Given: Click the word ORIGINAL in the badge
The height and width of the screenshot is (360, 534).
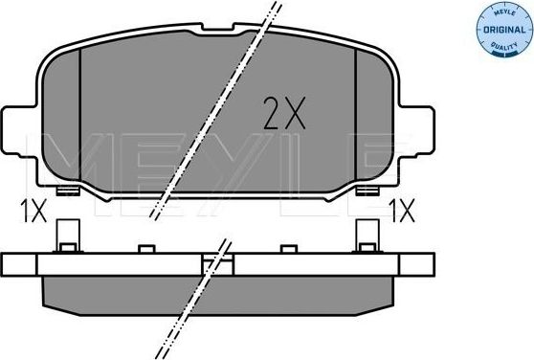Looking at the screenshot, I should [x=502, y=30].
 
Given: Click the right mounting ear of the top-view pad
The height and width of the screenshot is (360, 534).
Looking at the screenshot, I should [x=417, y=132].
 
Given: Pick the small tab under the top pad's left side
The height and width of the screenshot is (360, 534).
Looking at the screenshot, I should [x=67, y=191].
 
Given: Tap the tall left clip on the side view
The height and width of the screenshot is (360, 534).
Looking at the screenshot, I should [x=66, y=236].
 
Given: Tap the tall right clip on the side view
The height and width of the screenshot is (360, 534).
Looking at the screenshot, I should [x=367, y=236].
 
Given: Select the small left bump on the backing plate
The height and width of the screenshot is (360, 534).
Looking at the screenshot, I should [x=146, y=250].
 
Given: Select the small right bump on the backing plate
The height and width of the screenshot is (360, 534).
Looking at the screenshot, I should [x=288, y=250].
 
